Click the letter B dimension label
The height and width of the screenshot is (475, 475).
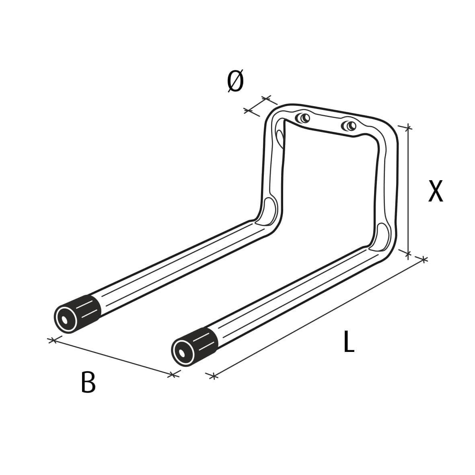[88, 382]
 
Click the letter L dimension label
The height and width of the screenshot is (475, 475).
[349, 342]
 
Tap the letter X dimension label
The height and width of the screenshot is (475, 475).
[436, 191]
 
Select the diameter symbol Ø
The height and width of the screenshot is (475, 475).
[235, 81]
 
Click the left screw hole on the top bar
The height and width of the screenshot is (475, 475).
[302, 118]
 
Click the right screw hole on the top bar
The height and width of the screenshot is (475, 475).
[349, 126]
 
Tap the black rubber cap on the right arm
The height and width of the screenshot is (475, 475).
[205, 341]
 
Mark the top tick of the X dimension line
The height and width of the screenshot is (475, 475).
[408, 128]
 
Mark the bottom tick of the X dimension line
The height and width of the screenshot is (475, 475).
[408, 253]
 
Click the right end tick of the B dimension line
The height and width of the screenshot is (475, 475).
[173, 374]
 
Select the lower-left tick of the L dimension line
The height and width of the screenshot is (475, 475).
[213, 376]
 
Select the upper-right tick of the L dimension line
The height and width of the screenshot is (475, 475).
[423, 259]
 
